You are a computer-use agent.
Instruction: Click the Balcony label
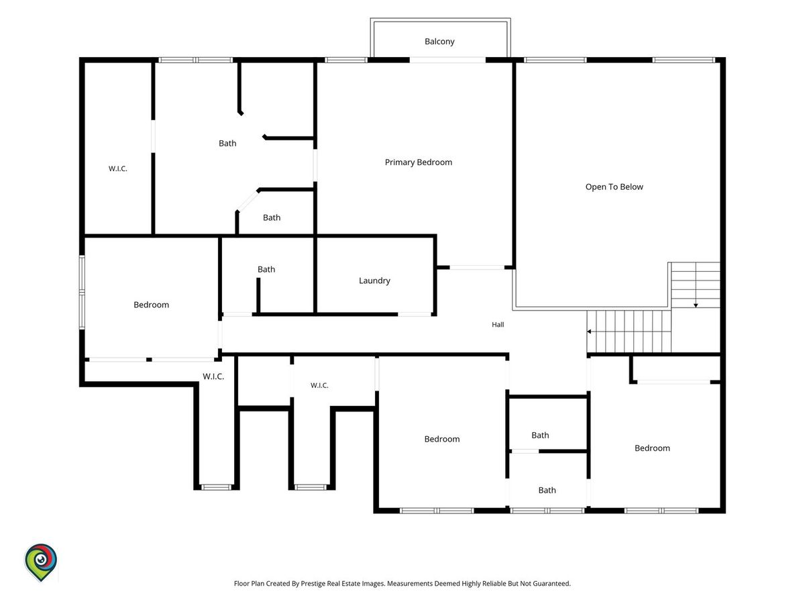coord(439,42)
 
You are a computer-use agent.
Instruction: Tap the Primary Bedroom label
coord(419,162)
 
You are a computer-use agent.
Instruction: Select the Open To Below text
coord(614,187)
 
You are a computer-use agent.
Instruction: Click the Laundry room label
coord(374,281)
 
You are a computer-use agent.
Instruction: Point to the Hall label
coord(498,325)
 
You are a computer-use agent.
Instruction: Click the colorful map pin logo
coord(41,562)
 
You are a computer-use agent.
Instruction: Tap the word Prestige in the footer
coord(312,583)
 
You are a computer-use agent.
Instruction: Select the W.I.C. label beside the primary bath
coord(117,168)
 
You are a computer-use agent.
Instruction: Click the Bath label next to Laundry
coord(266,269)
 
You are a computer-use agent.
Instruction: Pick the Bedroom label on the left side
coord(151,305)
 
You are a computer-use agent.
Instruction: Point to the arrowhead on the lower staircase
coord(589,332)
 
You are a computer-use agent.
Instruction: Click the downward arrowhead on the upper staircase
coord(696,305)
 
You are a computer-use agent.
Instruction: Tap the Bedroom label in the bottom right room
coord(652,448)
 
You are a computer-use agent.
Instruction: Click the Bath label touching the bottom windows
coord(547,491)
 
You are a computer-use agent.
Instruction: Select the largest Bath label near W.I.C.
coord(227,144)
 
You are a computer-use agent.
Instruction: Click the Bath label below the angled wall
coord(272,217)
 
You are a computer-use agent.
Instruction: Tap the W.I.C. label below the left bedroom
coord(213,376)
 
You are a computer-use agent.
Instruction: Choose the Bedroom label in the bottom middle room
coord(442,439)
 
